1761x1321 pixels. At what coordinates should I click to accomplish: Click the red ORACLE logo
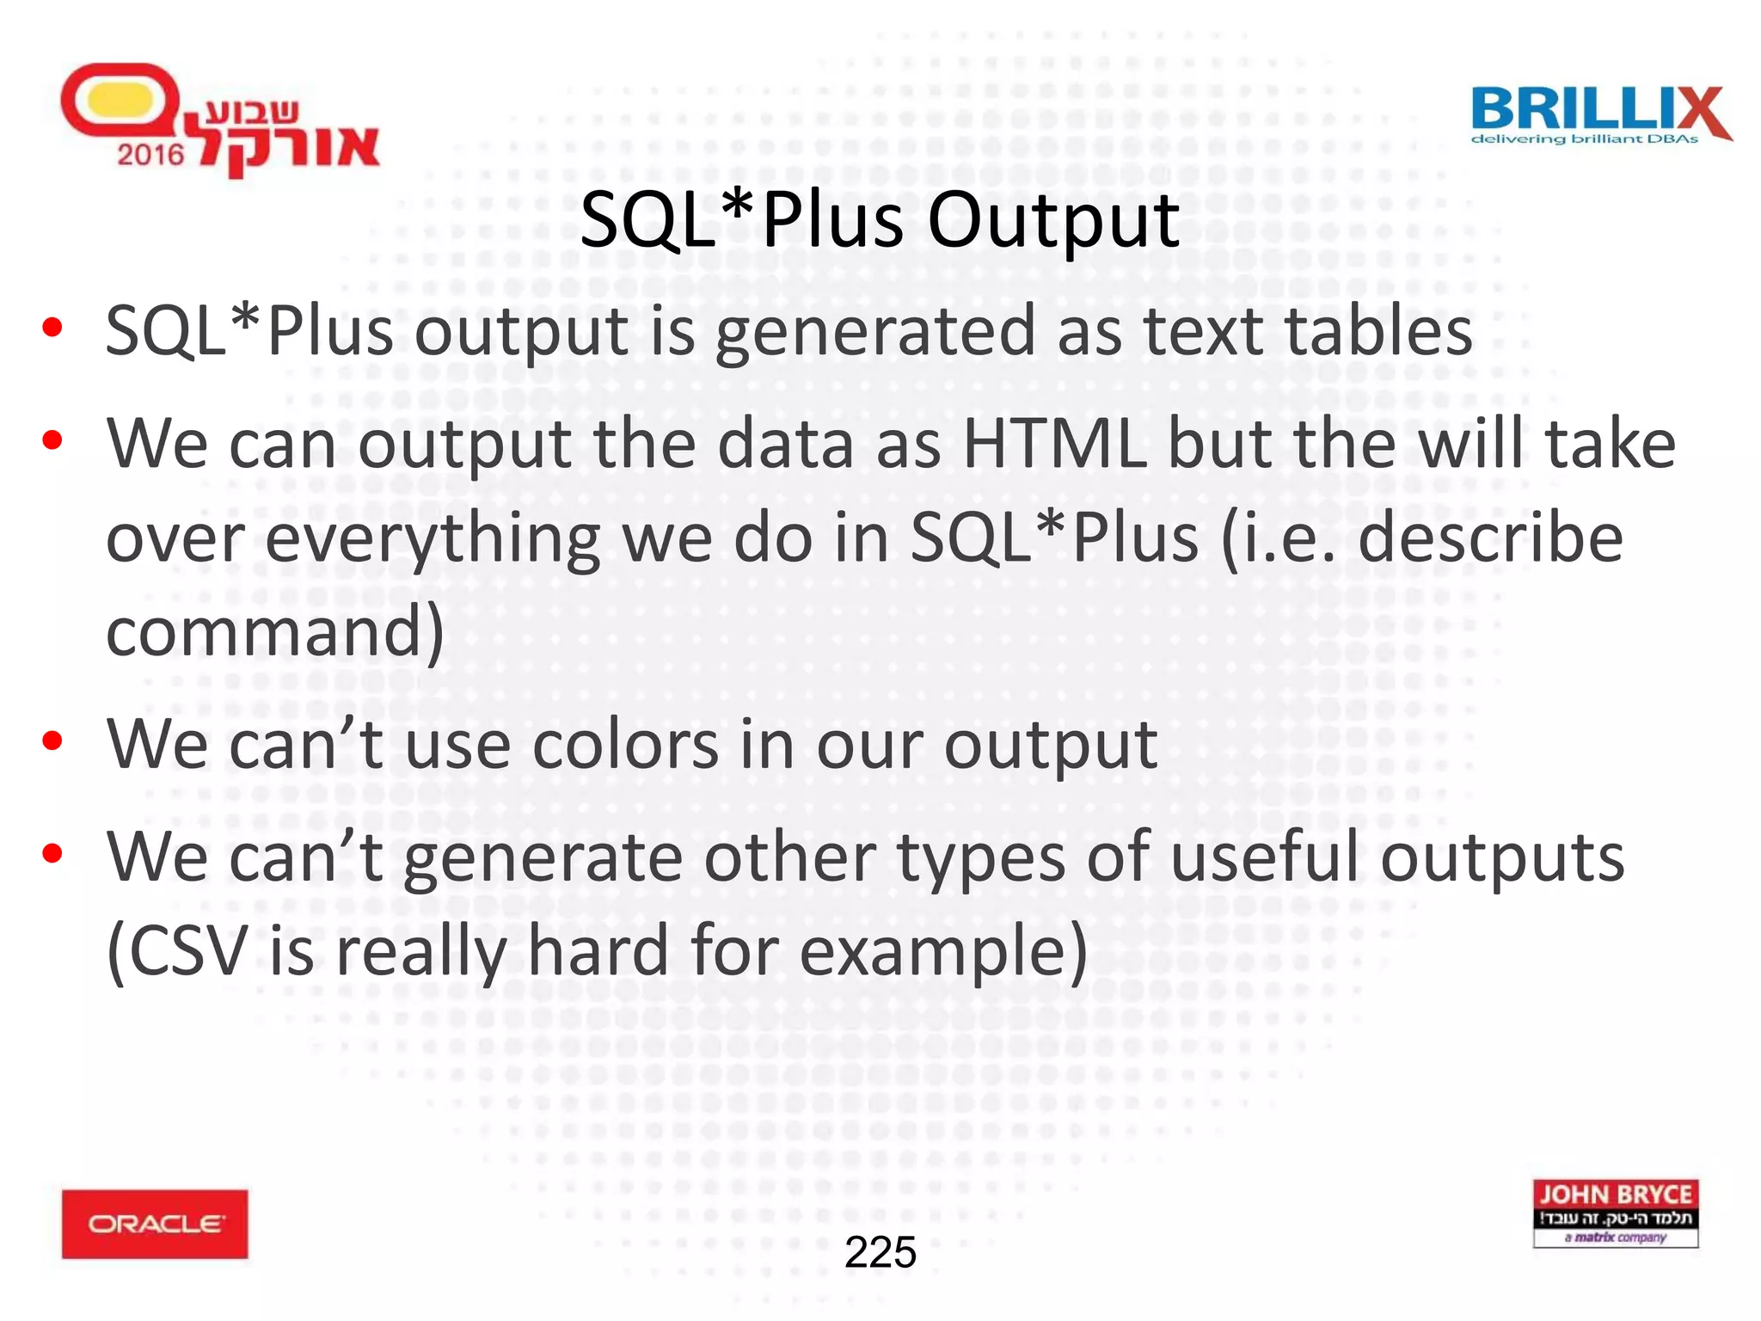click(155, 1223)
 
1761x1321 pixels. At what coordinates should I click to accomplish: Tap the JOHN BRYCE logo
click(1615, 1212)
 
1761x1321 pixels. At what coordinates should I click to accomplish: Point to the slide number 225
click(880, 1251)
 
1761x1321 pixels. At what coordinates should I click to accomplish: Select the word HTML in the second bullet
click(1054, 444)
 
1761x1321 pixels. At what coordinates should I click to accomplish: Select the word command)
click(275, 632)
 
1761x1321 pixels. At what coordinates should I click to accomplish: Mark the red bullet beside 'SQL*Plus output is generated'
click(52, 328)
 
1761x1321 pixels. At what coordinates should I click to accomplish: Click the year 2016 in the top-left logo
click(150, 155)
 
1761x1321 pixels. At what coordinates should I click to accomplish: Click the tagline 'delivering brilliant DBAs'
click(1584, 139)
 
